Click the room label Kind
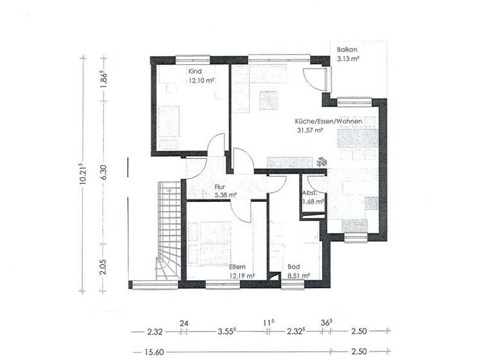(195, 71)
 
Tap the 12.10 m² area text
(201, 81)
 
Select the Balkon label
(347, 50)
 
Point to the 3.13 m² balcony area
(348, 59)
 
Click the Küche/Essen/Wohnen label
(327, 121)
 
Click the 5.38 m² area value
(225, 195)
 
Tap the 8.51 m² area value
(298, 275)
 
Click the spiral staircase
(169, 231)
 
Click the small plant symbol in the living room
(322, 162)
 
